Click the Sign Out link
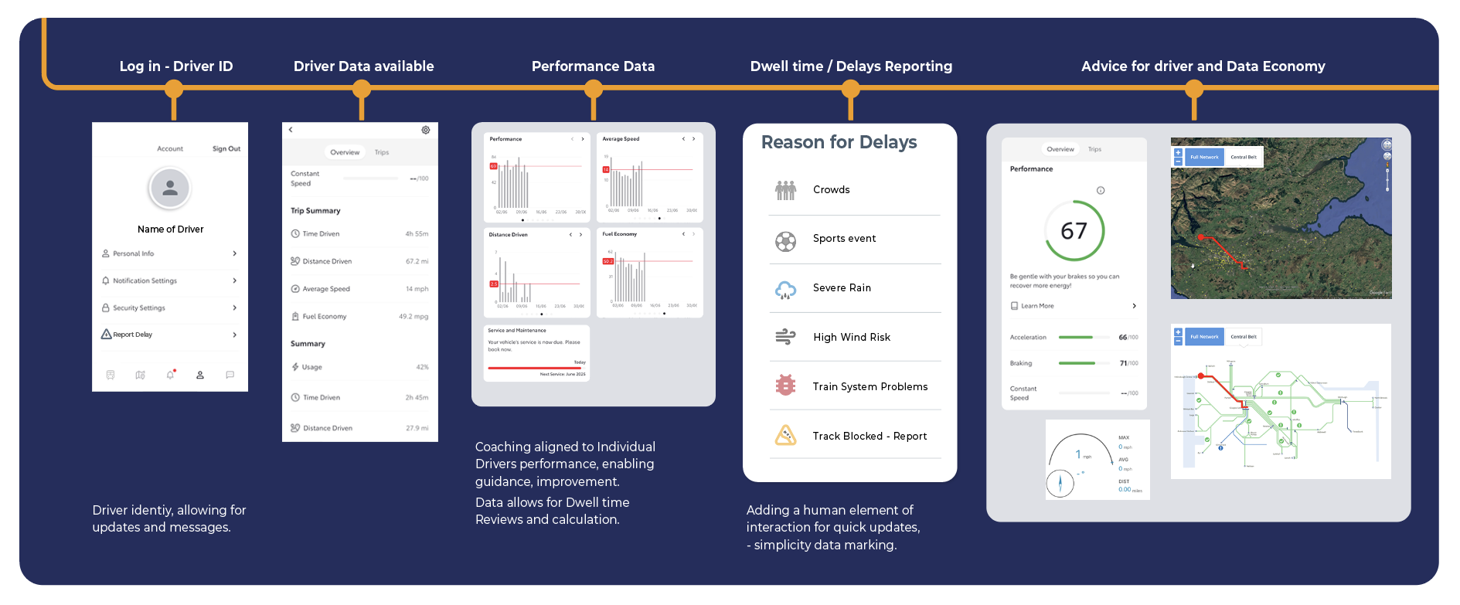coord(226,148)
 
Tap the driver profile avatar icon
coord(170,188)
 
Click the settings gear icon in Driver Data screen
coord(426,130)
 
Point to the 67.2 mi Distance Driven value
coord(417,261)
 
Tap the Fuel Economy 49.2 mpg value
coord(413,316)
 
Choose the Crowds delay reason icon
coord(785,190)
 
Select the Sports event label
coord(844,239)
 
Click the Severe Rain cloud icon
coord(785,289)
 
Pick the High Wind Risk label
coord(851,337)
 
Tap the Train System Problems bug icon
coord(785,386)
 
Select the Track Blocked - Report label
coord(870,436)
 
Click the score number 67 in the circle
coord(1074,231)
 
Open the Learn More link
coord(1037,306)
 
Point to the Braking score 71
coord(1123,363)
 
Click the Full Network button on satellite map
coord(1204,157)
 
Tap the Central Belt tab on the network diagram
coord(1244,337)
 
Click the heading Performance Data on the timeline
coord(593,66)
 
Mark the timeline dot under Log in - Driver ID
coord(174,90)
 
